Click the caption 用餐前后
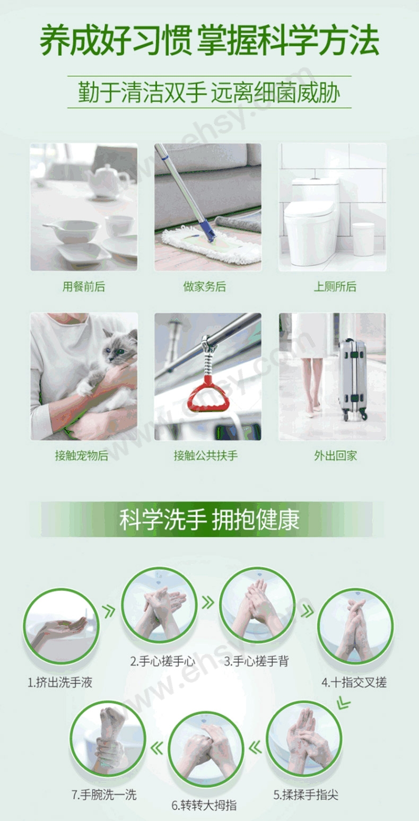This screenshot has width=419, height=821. click(84, 286)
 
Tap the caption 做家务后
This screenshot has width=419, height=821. click(205, 286)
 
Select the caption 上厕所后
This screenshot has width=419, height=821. click(335, 286)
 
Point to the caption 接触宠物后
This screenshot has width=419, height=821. click(81, 456)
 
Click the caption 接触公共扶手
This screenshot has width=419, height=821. click(206, 456)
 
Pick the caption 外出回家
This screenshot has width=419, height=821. click(335, 456)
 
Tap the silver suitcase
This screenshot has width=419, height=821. click(352, 379)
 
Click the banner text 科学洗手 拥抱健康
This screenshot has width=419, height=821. click(210, 520)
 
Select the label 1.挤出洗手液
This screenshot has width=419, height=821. click(60, 683)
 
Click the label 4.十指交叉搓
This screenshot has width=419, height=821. click(354, 683)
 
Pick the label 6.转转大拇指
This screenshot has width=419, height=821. click(204, 805)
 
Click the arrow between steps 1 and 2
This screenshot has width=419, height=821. click(109, 611)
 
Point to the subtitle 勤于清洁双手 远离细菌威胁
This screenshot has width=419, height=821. click(210, 92)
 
